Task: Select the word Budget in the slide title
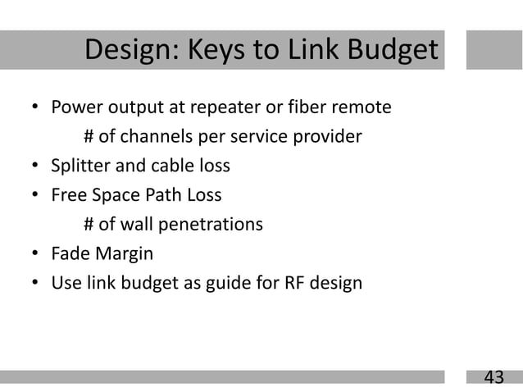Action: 391,51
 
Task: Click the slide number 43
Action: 493,377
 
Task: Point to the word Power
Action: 75,107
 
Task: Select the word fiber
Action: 301,107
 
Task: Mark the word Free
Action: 67,195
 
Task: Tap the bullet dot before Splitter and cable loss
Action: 35,166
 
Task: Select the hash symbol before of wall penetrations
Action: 89,225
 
